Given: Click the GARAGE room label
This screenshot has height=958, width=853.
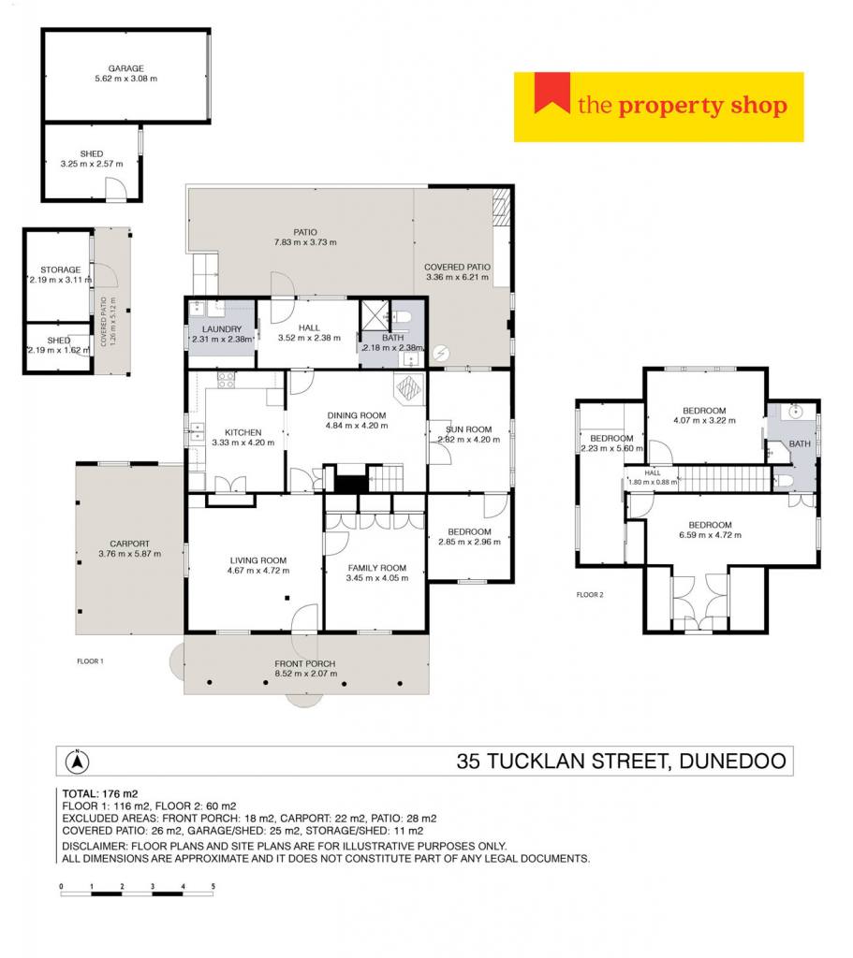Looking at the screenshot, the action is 126,68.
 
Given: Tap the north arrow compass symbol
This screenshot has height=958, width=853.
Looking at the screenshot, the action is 78,761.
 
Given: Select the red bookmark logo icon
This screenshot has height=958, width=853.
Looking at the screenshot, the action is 552,93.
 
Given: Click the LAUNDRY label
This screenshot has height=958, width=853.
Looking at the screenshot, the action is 221,328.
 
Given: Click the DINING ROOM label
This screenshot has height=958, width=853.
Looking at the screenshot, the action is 357,415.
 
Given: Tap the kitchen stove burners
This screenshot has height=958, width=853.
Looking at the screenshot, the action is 226,380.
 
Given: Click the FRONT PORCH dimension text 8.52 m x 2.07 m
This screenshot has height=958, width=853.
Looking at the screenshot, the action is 306,674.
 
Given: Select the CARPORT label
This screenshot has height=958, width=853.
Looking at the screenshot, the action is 129,544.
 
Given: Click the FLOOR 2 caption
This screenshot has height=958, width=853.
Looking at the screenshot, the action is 590,594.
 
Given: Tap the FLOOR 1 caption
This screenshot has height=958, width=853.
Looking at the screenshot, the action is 91,661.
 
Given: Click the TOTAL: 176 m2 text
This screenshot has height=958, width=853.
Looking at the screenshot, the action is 100,793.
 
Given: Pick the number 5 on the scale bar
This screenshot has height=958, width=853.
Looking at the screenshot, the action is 213,886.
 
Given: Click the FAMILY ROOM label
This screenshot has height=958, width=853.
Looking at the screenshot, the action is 377,568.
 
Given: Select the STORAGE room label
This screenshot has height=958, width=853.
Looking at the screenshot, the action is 61,269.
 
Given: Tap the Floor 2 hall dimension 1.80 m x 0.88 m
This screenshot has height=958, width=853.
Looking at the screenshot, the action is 653,482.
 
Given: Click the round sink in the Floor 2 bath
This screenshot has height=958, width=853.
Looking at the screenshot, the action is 795,412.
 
